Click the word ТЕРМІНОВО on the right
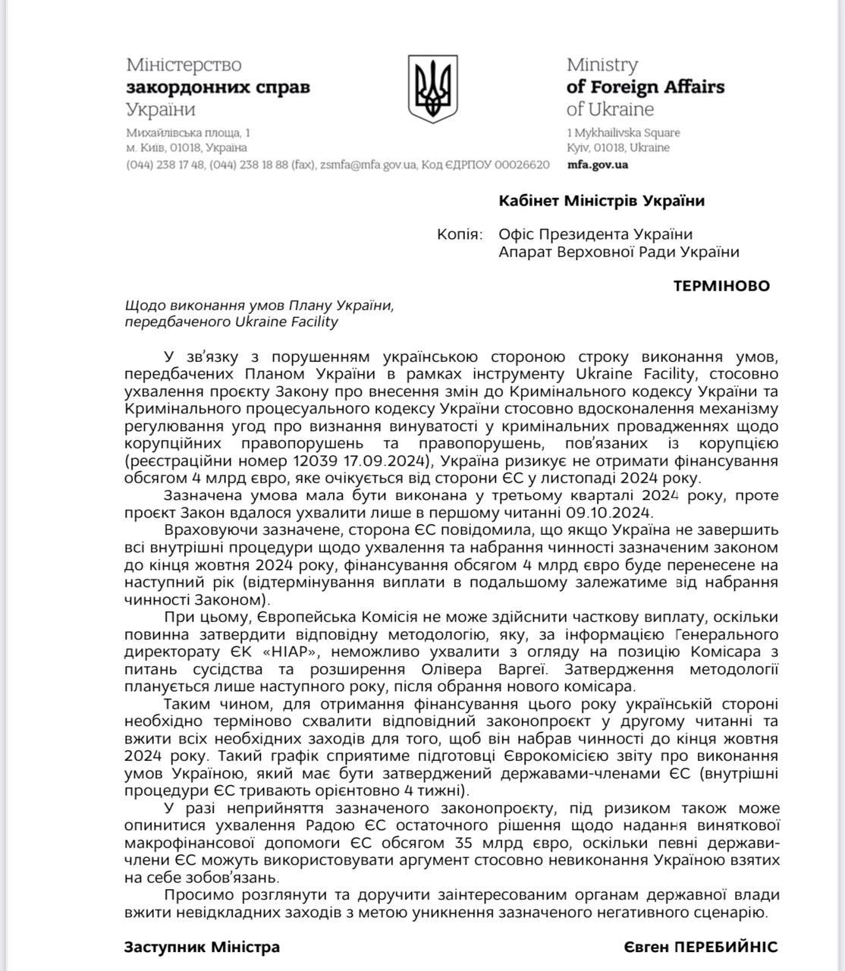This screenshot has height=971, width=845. click(721, 286)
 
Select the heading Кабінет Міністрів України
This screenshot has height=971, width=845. click(602, 201)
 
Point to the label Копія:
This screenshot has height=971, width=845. click(459, 234)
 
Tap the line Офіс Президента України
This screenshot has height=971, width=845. click(595, 234)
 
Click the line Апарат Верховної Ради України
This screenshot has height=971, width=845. click(618, 252)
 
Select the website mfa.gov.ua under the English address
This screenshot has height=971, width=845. click(597, 165)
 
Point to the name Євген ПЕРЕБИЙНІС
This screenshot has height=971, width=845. click(701, 947)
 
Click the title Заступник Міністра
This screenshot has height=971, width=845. click(202, 947)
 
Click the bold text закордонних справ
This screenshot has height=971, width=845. click(218, 86)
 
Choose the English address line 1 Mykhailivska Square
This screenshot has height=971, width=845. click(624, 133)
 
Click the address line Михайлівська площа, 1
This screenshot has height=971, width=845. click(188, 133)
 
